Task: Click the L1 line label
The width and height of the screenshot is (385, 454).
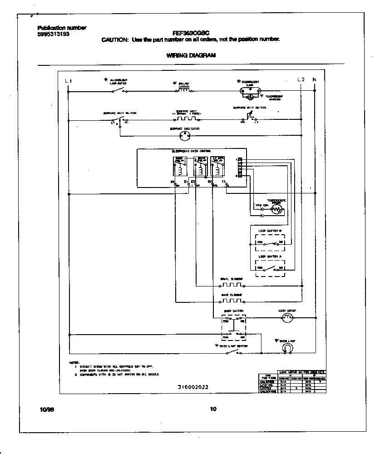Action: [69, 81]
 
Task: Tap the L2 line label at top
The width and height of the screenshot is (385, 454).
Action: [301, 80]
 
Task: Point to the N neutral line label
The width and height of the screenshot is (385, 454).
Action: [314, 80]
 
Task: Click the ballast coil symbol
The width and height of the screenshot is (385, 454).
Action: [183, 90]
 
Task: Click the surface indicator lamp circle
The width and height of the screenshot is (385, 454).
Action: [185, 135]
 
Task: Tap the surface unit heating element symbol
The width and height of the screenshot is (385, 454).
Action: [186, 118]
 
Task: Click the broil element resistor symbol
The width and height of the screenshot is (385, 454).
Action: [232, 286]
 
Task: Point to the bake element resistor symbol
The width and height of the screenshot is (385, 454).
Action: [232, 301]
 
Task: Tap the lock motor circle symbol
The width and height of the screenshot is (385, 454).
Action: [286, 319]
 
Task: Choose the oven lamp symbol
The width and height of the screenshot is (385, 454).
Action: [286, 348]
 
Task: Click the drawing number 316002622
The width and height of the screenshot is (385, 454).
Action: [193, 387]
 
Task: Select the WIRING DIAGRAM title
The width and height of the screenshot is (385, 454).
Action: [188, 56]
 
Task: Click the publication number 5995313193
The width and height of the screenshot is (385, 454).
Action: [54, 34]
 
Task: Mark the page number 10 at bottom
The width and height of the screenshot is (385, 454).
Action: [213, 409]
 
